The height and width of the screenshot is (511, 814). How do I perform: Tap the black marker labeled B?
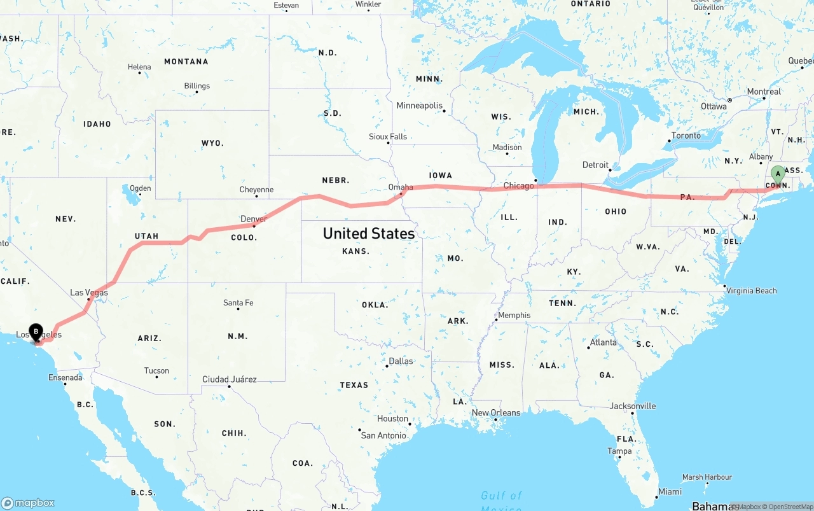point(37,332)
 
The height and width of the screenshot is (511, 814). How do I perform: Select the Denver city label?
point(253,220)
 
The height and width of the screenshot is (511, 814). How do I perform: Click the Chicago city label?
point(519,186)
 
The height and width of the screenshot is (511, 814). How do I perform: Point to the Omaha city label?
point(401,187)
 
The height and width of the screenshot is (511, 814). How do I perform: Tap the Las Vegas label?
point(88,293)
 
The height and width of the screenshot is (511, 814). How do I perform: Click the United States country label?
point(369,234)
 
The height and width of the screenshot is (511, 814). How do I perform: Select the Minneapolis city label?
point(419,106)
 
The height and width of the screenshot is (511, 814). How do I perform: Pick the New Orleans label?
point(495,413)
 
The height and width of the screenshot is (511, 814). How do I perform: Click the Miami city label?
point(670,492)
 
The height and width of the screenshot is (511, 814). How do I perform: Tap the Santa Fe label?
point(238,303)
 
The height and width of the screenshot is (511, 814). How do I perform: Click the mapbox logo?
point(28,503)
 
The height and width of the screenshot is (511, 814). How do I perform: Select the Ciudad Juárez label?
point(229,380)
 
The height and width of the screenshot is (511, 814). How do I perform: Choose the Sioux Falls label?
point(388,137)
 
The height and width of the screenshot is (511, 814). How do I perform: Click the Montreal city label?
point(763,92)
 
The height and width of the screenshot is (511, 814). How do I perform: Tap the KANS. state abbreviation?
point(355,251)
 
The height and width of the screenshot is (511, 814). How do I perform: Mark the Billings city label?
point(197,86)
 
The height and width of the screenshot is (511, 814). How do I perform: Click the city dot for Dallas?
point(387,366)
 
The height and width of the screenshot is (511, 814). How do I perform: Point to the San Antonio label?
point(383,436)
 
